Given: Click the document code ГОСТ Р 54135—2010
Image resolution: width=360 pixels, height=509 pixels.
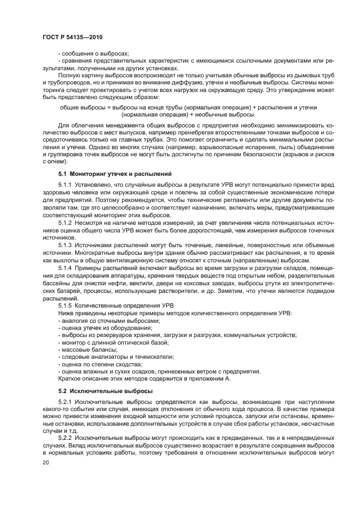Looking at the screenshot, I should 72,36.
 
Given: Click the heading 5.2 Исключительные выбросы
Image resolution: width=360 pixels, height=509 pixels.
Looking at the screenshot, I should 101,391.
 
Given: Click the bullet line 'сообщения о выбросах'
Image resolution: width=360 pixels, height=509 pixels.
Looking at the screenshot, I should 93,53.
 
